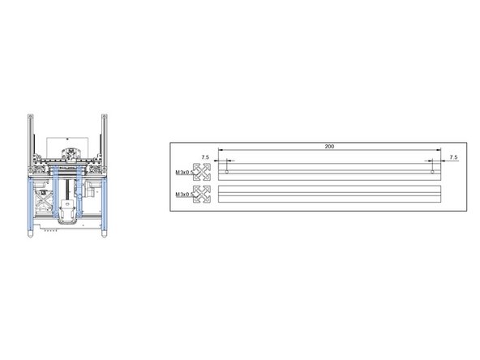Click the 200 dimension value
[x=328, y=147]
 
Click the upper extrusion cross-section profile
[x=202, y=172]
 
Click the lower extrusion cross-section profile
[x=202, y=195]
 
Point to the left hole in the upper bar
[x=227, y=172]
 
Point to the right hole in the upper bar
[x=433, y=172]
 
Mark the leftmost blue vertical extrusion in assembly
[x=28, y=207]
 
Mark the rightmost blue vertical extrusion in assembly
[x=103, y=207]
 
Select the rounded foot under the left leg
[x=28, y=234]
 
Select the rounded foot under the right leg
[x=103, y=234]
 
